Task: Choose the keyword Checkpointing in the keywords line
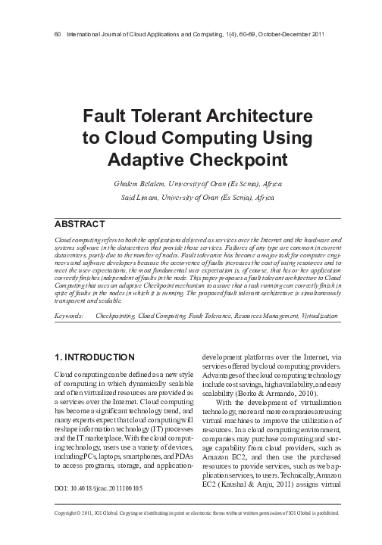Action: [118, 312]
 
